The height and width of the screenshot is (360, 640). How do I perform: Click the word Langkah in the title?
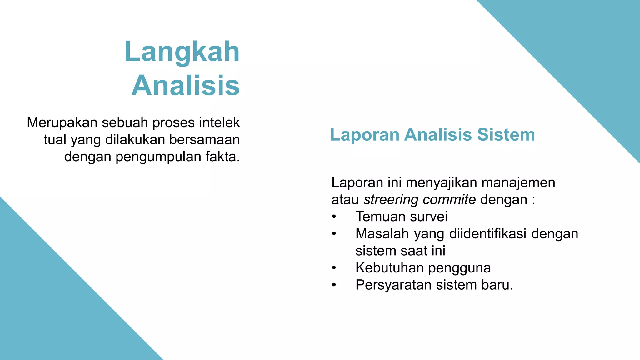tap(182, 52)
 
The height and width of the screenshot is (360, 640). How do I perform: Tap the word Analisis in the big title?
tap(186, 86)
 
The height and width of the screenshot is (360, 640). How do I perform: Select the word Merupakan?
tap(62, 122)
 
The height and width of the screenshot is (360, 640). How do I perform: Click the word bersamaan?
tap(204, 140)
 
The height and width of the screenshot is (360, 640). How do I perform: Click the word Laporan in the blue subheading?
tap(365, 135)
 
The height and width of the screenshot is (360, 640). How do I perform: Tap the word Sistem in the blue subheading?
tap(506, 135)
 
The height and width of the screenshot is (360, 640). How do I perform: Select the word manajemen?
tap(518, 182)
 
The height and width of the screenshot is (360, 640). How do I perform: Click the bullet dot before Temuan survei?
tap(334, 217)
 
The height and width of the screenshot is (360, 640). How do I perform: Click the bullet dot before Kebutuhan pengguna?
tap(334, 268)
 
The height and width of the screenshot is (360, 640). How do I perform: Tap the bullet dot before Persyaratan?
tap(334, 285)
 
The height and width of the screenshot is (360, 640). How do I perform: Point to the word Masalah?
tap(382, 234)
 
